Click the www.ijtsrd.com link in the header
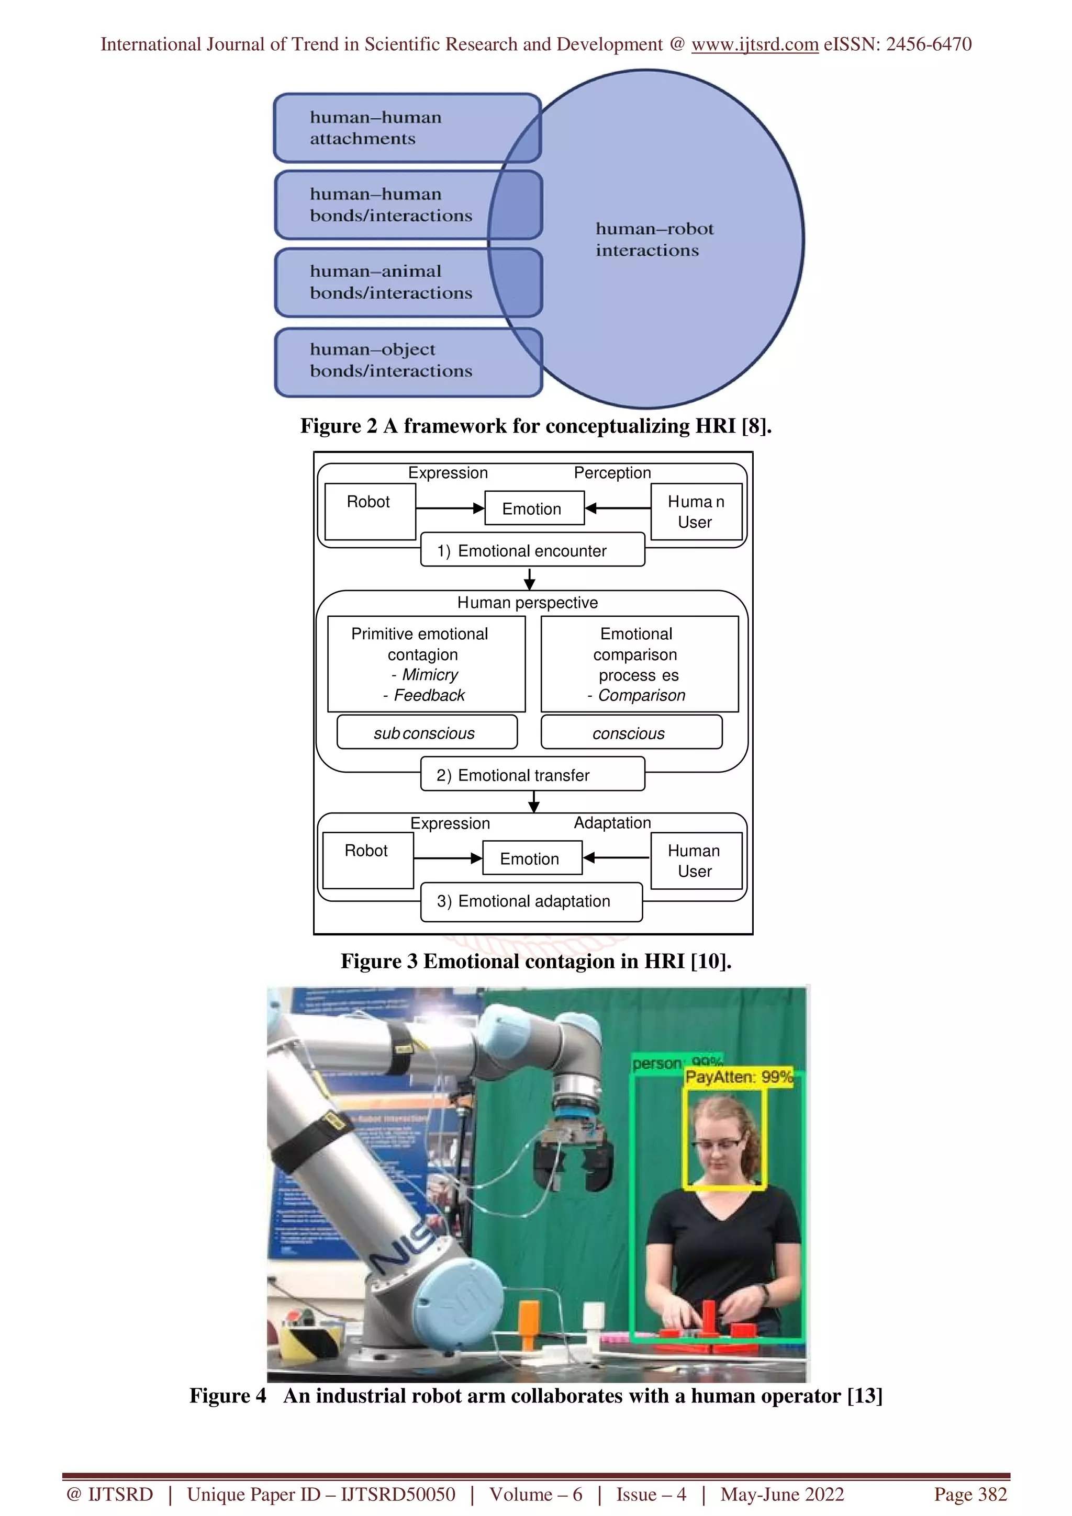tap(754, 44)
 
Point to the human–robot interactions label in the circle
tap(654, 240)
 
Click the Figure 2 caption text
tap(535, 426)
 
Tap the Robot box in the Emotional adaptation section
tap(367, 859)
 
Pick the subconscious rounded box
tap(426, 733)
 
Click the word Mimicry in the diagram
tap(430, 675)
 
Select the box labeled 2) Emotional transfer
tap(532, 775)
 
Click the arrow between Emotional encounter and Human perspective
tap(529, 579)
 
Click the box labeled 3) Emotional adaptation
tap(531, 901)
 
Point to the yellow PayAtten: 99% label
tap(739, 1077)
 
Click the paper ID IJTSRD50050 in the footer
tap(398, 1494)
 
